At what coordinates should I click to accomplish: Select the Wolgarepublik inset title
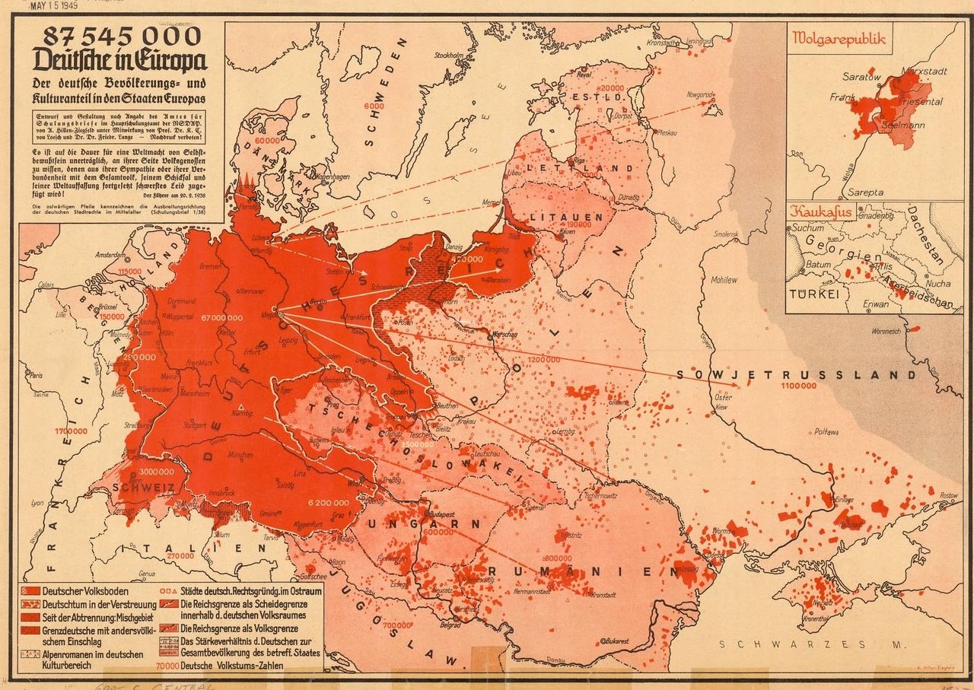click(839, 39)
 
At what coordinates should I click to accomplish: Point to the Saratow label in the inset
click(861, 77)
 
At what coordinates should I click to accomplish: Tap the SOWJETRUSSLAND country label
click(796, 375)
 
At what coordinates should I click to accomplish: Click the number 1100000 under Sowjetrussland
click(797, 386)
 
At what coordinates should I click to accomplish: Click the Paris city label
click(35, 375)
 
